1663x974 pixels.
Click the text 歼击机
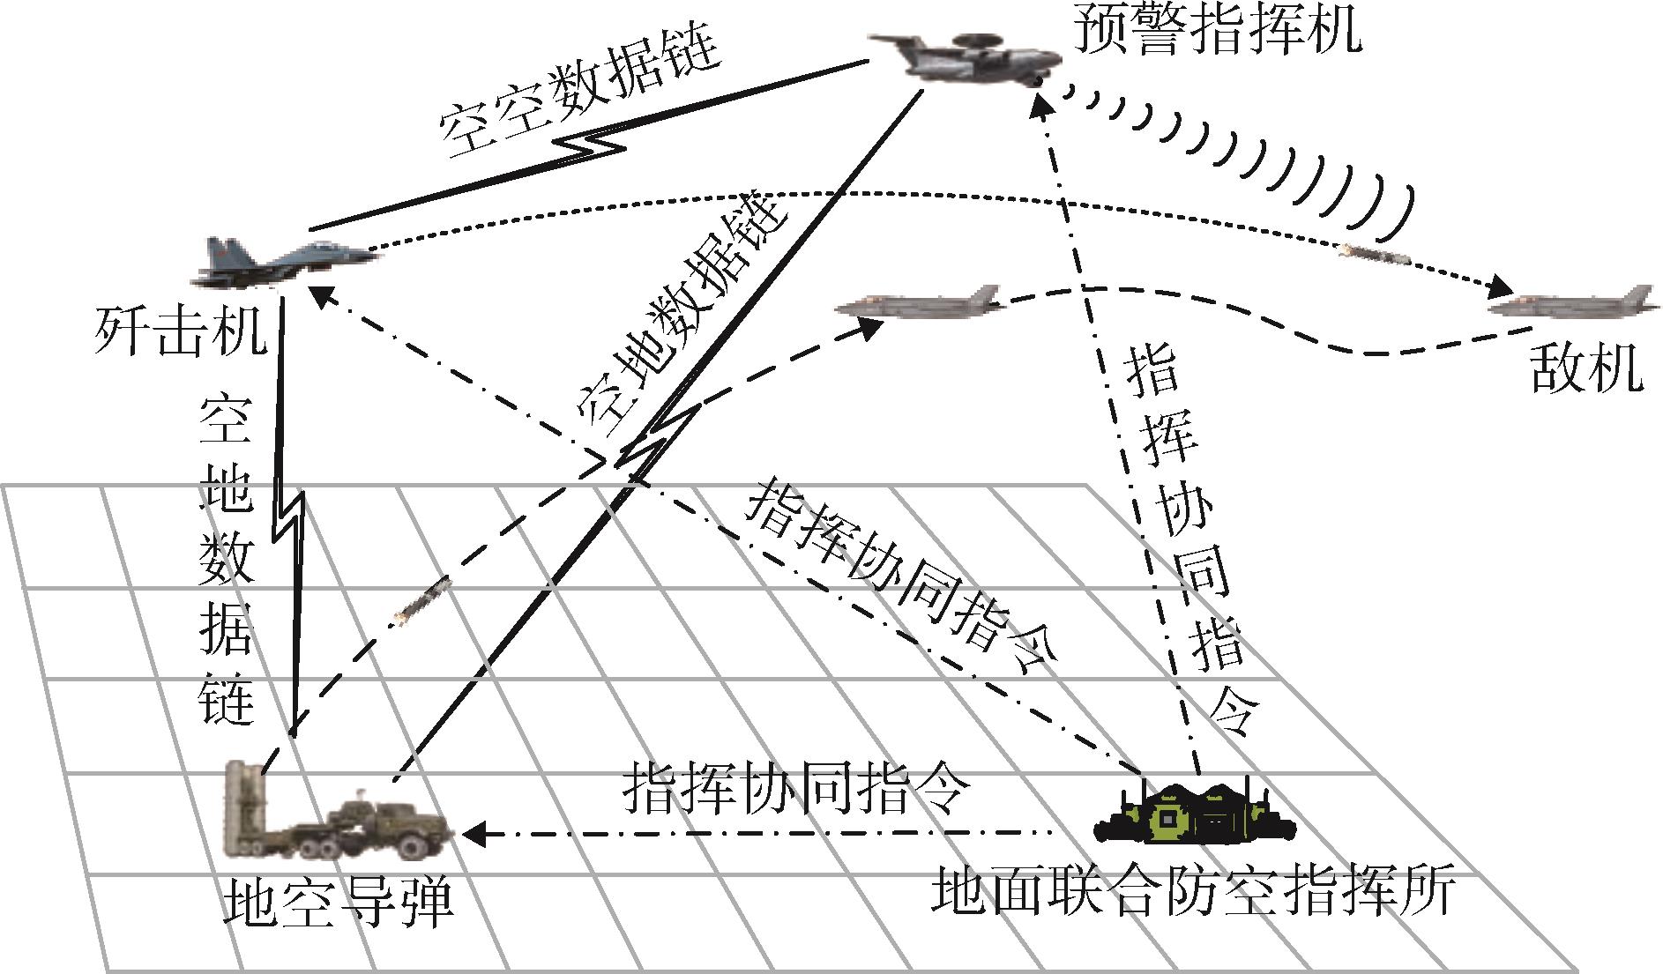point(180,331)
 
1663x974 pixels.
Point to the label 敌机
point(1585,368)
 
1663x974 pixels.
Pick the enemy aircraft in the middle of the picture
point(917,303)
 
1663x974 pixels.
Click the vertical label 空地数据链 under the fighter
point(227,560)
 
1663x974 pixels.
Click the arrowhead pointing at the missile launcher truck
point(473,833)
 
